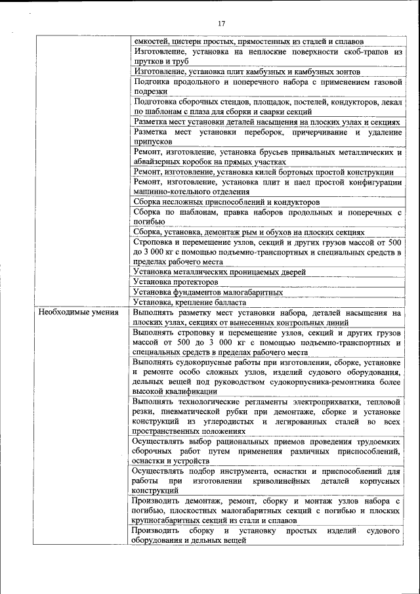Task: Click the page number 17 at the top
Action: (221, 24)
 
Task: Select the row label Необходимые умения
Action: (78, 313)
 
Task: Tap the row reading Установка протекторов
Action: (175, 282)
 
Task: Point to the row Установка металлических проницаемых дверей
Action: (219, 272)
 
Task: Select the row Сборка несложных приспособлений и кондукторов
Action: (226, 202)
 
